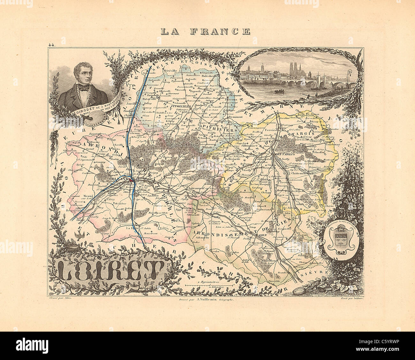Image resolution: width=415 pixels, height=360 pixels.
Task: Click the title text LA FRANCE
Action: (x=206, y=31)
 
